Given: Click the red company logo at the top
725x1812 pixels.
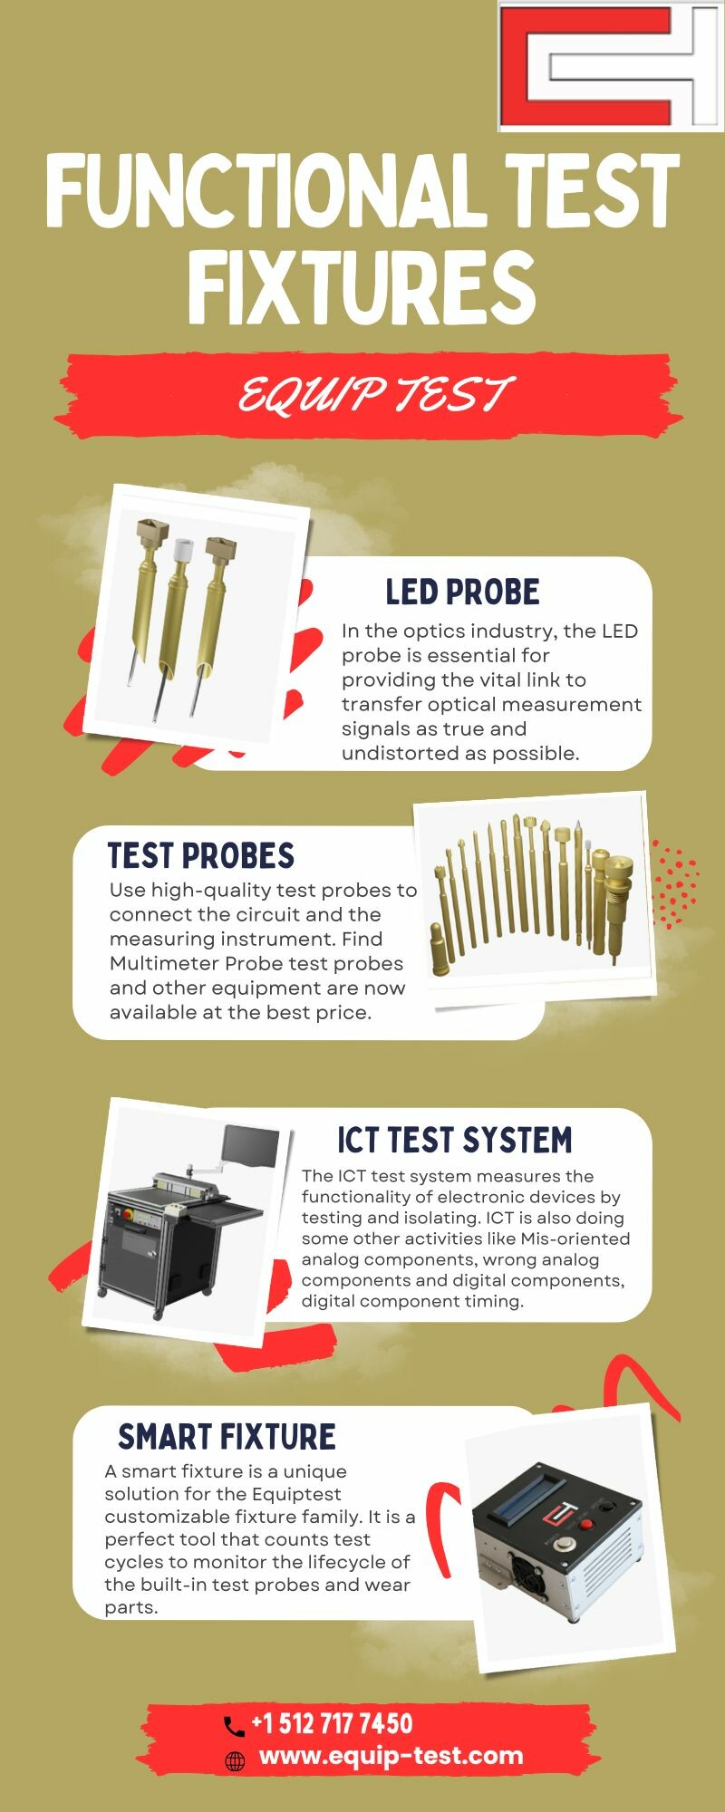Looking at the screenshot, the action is point(612,65).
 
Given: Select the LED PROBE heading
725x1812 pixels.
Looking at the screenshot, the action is point(462,592).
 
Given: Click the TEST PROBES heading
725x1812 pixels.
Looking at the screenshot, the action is point(201,855).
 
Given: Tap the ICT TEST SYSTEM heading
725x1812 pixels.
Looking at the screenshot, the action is point(455,1140).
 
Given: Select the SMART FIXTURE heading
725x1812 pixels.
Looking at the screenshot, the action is point(227,1437).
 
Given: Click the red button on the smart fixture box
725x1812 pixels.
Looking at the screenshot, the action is point(586,1523).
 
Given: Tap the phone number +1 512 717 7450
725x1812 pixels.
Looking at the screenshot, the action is point(332,1723).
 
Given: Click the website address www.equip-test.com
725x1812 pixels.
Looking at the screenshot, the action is point(391,1756).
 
